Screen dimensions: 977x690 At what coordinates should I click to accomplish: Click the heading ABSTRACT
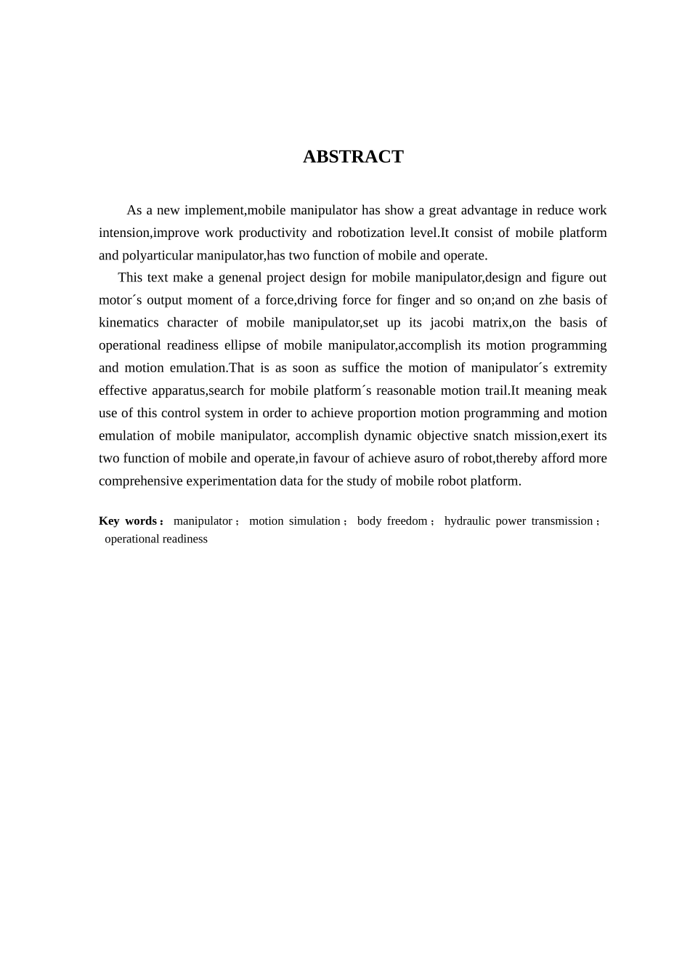(x=353, y=157)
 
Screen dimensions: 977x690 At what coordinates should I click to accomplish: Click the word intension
(x=124, y=233)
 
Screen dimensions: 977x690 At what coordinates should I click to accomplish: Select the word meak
(x=591, y=390)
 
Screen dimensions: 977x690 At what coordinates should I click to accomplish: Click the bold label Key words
(x=128, y=521)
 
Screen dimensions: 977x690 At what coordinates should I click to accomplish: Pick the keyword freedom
(x=407, y=521)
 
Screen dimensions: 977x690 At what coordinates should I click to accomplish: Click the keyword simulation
(x=314, y=521)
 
